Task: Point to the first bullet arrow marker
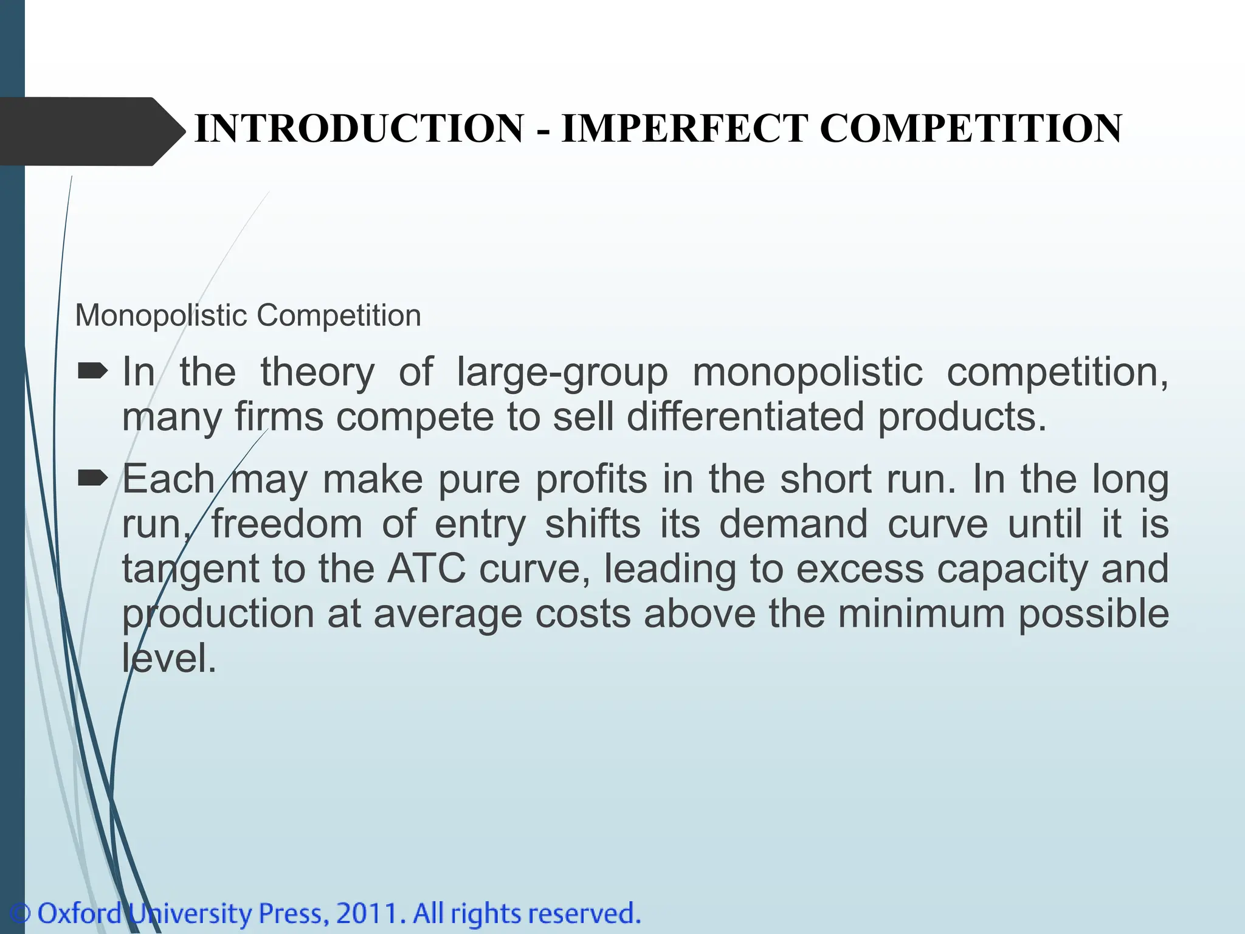click(x=92, y=370)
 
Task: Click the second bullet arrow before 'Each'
click(x=92, y=479)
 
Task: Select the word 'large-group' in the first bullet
click(x=562, y=372)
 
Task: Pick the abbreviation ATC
click(x=427, y=569)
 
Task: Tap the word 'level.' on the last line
click(x=169, y=658)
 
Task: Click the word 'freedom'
click(x=286, y=524)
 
